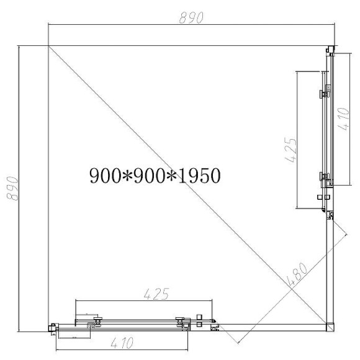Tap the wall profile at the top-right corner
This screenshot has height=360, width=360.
coord(331,50)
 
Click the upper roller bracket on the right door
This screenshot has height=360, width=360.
coord(324,94)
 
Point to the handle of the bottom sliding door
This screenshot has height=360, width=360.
coord(199,321)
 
